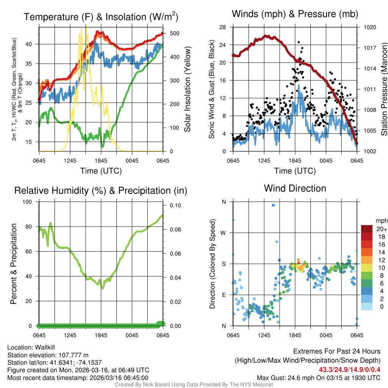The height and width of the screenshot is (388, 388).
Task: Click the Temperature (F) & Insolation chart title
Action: [x=101, y=17]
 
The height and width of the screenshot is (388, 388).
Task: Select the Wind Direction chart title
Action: [x=295, y=188]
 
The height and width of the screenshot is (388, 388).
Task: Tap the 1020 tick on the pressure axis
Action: [x=369, y=27]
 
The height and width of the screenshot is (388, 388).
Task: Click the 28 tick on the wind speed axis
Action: [x=223, y=27]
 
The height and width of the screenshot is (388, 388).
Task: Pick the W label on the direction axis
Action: [x=224, y=233]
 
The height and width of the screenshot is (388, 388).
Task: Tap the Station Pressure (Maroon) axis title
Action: [x=383, y=89]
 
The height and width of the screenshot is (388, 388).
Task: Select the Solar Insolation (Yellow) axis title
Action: [x=187, y=89]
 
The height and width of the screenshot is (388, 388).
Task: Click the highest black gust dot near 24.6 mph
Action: [x=299, y=42]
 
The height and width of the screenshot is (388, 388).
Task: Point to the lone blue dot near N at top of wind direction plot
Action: [x=273, y=205]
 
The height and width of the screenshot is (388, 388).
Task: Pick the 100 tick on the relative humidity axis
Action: [x=28, y=202]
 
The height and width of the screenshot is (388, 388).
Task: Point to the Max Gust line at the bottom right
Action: [x=318, y=377]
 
